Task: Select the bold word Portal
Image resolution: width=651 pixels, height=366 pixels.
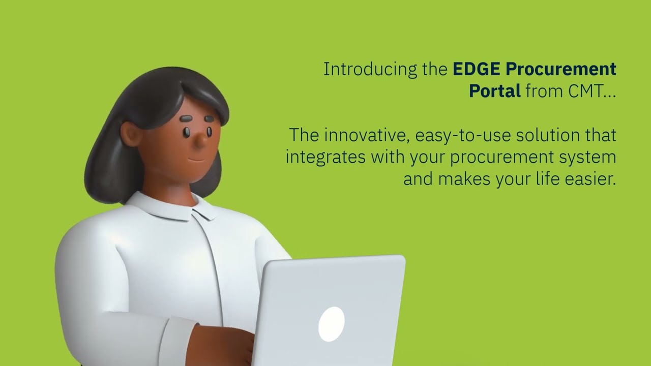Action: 494,91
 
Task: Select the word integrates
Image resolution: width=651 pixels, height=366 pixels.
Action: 325,157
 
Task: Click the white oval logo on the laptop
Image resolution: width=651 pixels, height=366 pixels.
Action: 331,324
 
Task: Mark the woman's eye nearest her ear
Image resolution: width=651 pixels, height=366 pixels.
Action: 187,132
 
